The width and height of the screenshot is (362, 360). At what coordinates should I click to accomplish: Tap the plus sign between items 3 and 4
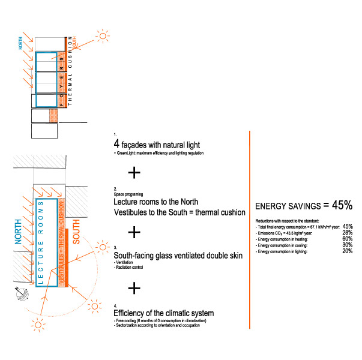pyautogui.click(x=134, y=288)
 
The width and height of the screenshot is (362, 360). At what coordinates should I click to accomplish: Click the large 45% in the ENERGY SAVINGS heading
pyautogui.click(x=342, y=205)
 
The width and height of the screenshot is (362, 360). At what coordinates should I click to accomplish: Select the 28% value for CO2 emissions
pyautogui.click(x=347, y=233)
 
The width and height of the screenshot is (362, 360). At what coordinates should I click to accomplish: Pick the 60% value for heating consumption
pyautogui.click(x=347, y=239)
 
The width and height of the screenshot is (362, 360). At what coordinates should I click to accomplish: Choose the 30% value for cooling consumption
pyautogui.click(x=347, y=245)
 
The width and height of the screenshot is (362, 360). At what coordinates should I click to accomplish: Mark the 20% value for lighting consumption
pyautogui.click(x=347, y=251)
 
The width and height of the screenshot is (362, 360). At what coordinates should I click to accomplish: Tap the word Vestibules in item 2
pyautogui.click(x=131, y=212)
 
